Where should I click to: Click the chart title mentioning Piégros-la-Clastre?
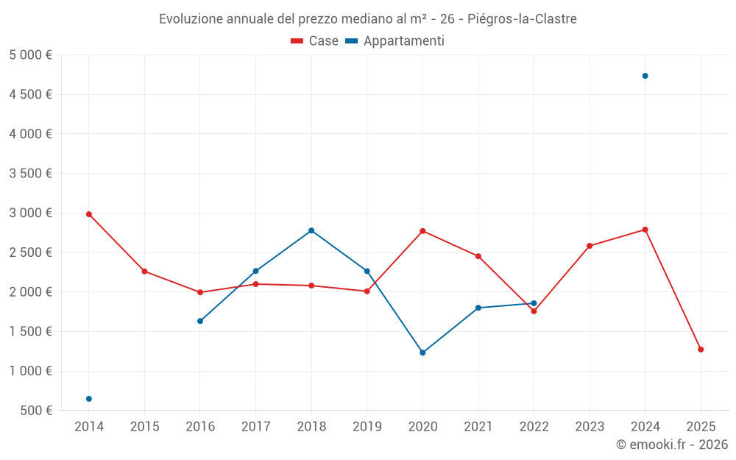(368, 18)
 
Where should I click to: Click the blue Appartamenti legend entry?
(395, 41)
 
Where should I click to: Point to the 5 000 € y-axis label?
(30, 55)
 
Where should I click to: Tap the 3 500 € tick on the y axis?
(30, 174)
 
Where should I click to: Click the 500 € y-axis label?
(36, 411)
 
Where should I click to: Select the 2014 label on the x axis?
(89, 427)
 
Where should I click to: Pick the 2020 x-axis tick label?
(422, 427)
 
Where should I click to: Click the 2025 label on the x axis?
(701, 427)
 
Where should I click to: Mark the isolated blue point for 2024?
(645, 76)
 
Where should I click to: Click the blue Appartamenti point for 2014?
(89, 399)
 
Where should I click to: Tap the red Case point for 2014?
(89, 214)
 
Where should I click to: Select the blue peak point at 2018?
(311, 230)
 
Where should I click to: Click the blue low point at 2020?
(422, 353)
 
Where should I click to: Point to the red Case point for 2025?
(701, 350)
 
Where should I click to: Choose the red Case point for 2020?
(422, 231)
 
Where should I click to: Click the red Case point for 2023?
(590, 246)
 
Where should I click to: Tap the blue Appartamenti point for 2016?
(200, 321)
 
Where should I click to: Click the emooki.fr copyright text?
(672, 445)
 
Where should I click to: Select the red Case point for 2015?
(144, 272)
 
